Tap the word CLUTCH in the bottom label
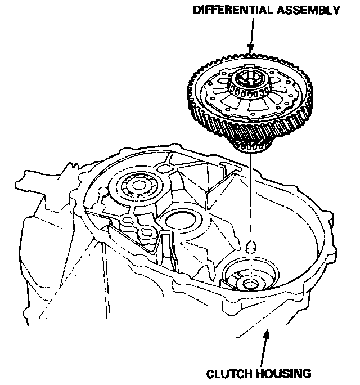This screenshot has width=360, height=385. pos(226,373)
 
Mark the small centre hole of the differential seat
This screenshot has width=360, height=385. pos(249,283)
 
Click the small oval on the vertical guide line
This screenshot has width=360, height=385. pos(251,246)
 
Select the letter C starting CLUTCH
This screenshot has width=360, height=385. pos(209,373)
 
